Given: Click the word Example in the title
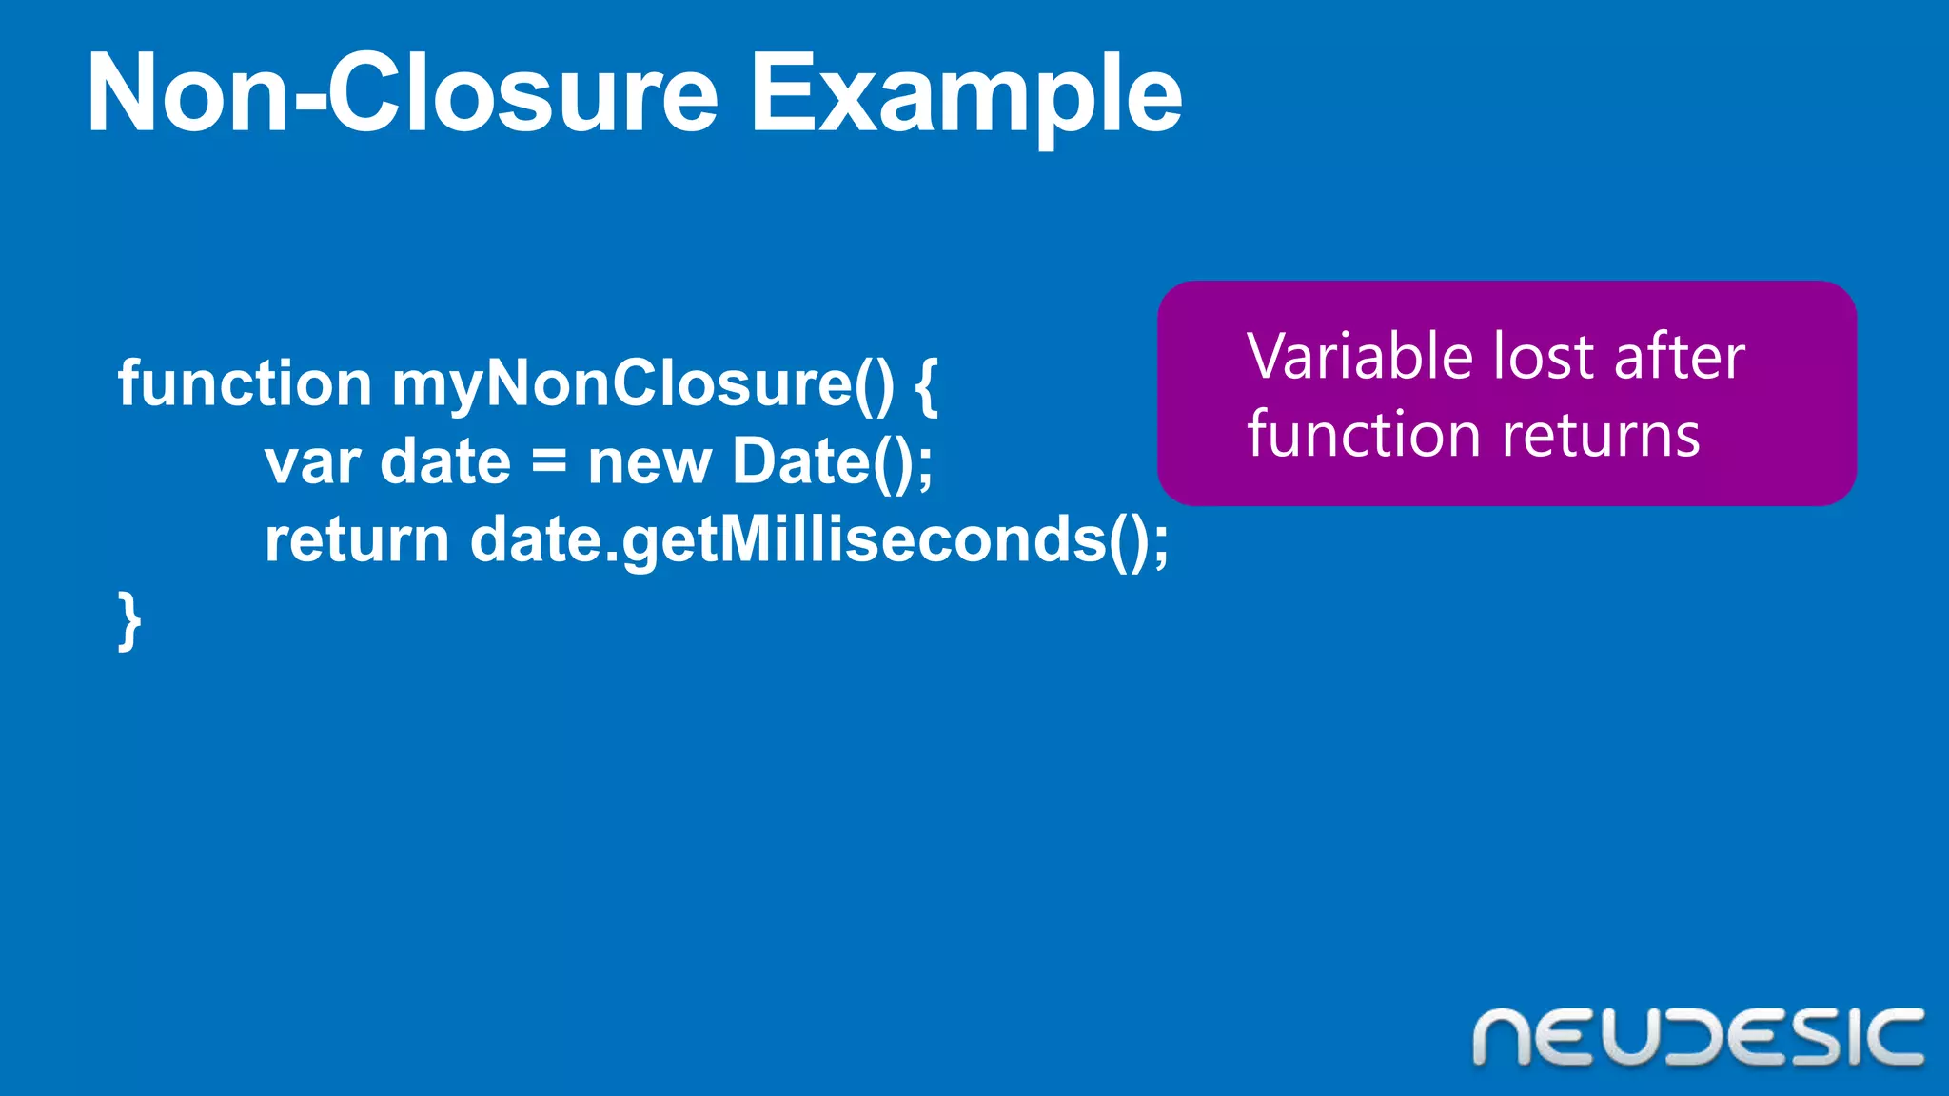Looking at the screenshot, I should point(965,95).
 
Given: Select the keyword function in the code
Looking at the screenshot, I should point(244,383).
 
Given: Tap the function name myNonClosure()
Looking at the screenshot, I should point(642,385).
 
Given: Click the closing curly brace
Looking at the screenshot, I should point(129,621).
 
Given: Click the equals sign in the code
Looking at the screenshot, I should point(549,463).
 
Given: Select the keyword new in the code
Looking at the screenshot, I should point(649,463).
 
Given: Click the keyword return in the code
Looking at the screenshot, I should point(356,541).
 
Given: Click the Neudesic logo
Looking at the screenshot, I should point(1698,1037).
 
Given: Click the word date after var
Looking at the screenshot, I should point(445,463).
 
